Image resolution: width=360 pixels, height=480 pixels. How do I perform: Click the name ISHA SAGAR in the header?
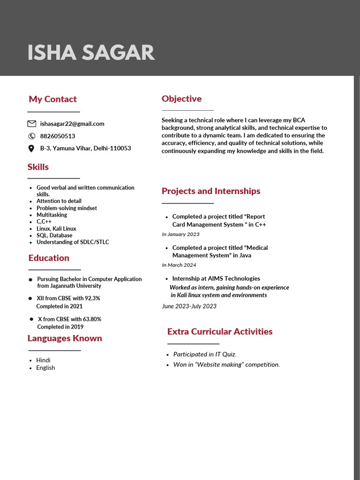91,52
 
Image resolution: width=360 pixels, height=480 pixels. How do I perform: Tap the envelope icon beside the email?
32,124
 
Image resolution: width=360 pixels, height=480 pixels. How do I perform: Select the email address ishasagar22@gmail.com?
72,124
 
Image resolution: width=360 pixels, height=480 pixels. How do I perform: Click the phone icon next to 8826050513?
32,136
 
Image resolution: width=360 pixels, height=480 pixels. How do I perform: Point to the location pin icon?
31,149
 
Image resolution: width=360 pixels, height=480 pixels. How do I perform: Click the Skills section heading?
38,167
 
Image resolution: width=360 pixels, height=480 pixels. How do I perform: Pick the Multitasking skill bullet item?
52,215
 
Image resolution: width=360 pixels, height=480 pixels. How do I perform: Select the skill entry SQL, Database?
54,235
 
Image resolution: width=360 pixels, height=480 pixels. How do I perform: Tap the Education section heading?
49,258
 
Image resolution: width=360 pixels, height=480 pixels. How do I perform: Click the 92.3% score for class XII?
92,298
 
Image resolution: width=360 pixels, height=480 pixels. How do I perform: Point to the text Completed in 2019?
60,327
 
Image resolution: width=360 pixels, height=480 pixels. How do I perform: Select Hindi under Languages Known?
43,360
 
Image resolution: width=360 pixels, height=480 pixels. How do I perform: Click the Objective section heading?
181,98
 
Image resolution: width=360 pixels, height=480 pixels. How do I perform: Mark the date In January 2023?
180,234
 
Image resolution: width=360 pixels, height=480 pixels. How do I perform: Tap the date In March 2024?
179,265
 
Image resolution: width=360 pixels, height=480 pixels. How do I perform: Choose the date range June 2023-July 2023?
189,306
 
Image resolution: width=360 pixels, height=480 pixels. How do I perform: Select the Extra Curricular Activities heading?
220,331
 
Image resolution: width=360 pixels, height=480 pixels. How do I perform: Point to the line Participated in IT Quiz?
205,354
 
